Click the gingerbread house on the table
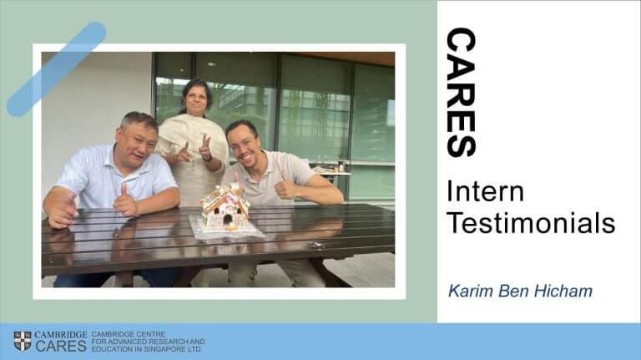point(225,208)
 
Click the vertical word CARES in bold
point(462,93)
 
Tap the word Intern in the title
point(485,191)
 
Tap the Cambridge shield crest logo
point(23,341)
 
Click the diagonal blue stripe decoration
point(57,69)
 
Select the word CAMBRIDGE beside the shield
point(60,335)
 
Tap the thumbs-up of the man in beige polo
point(284,188)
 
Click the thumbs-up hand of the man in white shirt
point(124,200)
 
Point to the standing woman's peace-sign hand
point(204,148)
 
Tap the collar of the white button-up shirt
point(119,159)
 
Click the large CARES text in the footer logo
point(60,346)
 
